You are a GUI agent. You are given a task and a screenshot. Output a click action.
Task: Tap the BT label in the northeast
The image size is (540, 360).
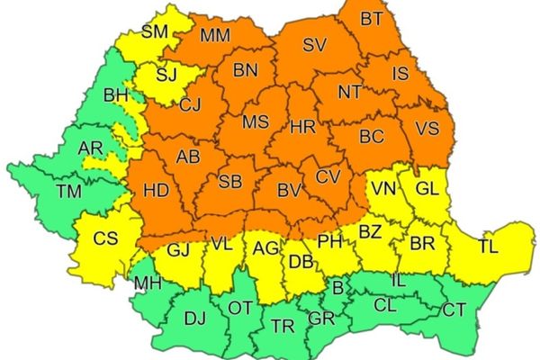coord(371,18)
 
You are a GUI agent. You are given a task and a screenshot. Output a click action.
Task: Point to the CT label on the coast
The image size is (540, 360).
coord(454,310)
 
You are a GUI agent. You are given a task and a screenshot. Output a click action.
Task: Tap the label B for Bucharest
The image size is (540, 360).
coord(337,289)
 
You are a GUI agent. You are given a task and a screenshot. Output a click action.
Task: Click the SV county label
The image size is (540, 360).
coord(313,44)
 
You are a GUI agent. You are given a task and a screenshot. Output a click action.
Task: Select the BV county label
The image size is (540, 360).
coord(288,190)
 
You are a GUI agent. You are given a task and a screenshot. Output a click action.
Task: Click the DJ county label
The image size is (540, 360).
coord(194,317)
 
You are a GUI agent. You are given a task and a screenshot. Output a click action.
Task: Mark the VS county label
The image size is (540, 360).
coord(428,128)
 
